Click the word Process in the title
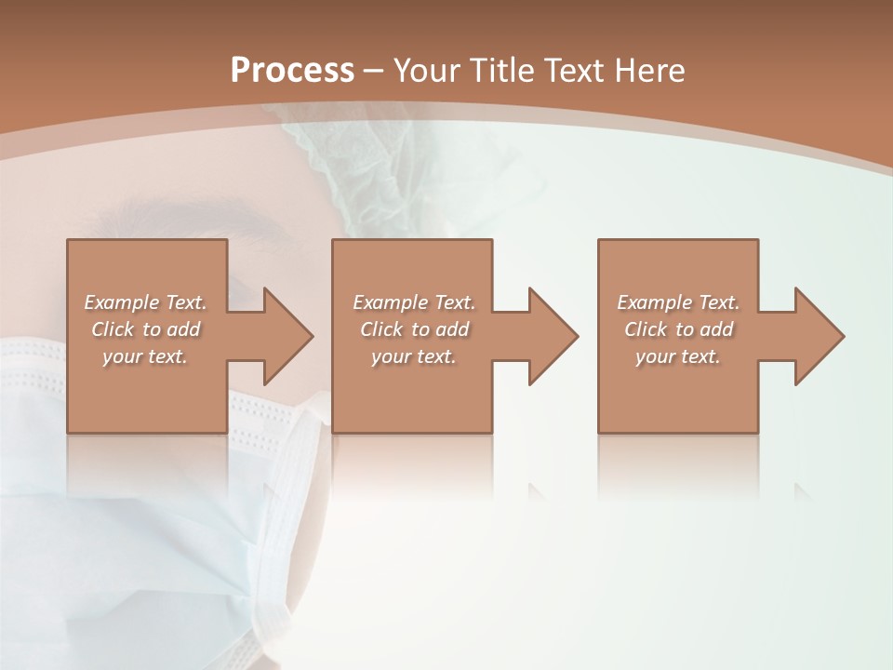click(292, 71)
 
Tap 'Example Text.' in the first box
click(145, 302)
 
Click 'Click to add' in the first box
click(145, 329)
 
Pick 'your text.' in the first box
click(145, 356)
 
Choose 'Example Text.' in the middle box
click(414, 302)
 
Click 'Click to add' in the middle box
click(414, 329)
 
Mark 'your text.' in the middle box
click(414, 356)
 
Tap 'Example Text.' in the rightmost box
click(678, 302)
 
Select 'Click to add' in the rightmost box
click(678, 329)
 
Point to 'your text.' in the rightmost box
click(678, 356)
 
